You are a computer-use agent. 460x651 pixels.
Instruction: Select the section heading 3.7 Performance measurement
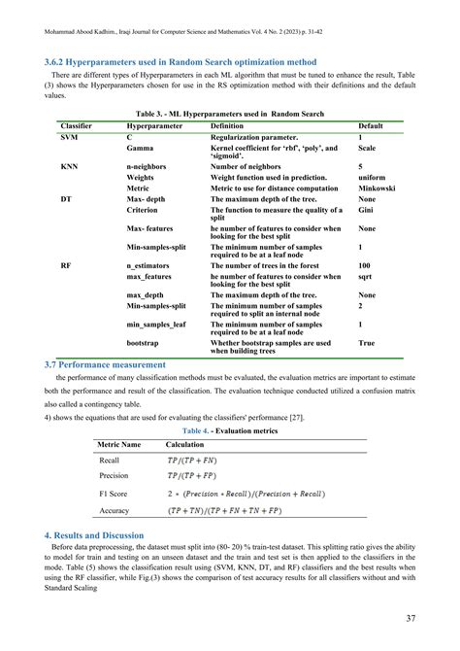coord(105,364)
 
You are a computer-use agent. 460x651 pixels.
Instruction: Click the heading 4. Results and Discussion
coord(94,535)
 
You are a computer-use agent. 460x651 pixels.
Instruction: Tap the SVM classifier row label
coord(70,138)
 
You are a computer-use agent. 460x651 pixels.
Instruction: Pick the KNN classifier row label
coord(70,167)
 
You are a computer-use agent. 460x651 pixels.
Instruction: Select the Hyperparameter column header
coord(158,127)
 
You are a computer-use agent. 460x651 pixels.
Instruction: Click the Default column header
coord(371,127)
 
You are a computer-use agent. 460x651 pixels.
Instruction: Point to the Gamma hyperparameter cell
coord(140,149)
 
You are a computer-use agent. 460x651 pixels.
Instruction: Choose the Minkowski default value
coord(378,188)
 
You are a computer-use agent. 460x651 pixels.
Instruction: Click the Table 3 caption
coord(230,114)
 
